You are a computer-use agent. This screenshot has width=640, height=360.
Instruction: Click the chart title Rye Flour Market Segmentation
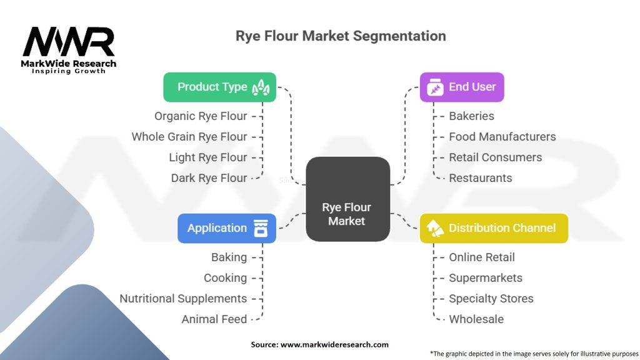click(x=341, y=36)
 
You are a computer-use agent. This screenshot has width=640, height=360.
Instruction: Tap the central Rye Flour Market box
click(x=347, y=199)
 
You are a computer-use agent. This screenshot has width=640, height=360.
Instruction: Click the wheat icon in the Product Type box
click(x=261, y=88)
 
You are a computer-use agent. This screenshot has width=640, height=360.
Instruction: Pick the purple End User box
click(x=461, y=87)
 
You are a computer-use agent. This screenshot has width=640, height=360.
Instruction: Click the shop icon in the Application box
click(x=261, y=228)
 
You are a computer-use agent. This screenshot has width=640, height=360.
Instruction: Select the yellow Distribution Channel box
click(x=493, y=228)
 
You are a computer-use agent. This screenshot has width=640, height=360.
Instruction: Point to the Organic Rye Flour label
click(x=200, y=116)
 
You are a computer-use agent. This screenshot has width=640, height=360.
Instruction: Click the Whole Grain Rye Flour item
click(x=189, y=137)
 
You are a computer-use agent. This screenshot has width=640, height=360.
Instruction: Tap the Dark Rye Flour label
click(x=209, y=178)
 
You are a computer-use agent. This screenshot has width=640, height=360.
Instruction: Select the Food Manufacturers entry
click(x=502, y=137)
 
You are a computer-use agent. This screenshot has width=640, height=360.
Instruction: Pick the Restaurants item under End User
click(x=480, y=178)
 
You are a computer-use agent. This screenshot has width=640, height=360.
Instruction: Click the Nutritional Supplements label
click(x=183, y=299)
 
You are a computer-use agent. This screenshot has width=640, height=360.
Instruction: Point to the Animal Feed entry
click(x=214, y=319)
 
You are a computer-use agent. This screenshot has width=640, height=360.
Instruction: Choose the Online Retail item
click(x=481, y=257)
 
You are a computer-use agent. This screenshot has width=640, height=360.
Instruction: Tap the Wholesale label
click(x=476, y=319)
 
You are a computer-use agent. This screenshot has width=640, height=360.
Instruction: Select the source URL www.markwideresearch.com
click(x=334, y=344)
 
